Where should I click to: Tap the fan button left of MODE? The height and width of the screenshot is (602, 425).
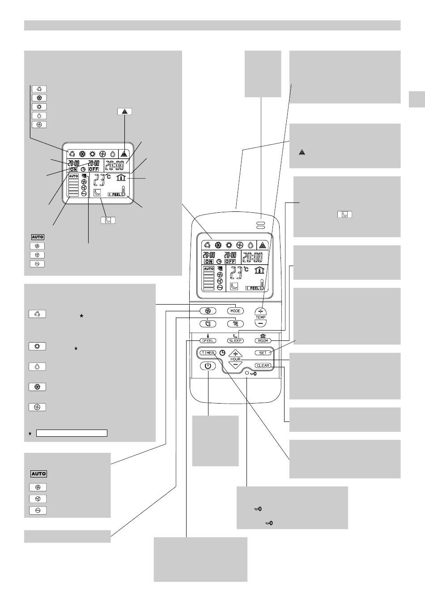pos(208,311)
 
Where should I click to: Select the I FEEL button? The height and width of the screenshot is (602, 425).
pos(207,340)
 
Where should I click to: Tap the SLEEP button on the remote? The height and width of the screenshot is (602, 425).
pos(235,340)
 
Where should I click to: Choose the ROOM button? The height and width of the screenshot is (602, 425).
pos(263,340)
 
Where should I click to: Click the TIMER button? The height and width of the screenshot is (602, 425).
pos(208,353)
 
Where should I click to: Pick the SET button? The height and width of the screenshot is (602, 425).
pos(263,353)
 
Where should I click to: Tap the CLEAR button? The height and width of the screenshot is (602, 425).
pos(263,365)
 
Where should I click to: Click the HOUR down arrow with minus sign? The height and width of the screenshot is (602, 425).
pos(235,365)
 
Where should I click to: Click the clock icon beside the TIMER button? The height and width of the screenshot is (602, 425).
pos(222,353)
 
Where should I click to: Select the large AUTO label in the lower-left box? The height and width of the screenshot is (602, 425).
pos(38,473)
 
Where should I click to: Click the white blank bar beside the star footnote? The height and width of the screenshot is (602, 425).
pos(72,433)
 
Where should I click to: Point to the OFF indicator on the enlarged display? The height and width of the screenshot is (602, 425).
pos(93,169)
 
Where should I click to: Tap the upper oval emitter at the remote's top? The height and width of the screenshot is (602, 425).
pos(261,223)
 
